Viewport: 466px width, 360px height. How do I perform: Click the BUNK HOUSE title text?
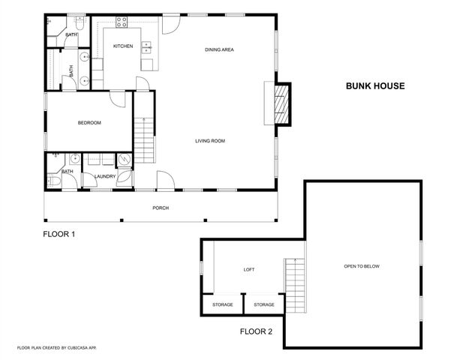[375, 86]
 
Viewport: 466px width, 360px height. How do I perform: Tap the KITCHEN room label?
[123, 46]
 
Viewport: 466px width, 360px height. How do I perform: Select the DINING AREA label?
[220, 50]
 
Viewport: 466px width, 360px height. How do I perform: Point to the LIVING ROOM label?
[210, 141]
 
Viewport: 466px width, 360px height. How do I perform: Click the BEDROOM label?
[89, 123]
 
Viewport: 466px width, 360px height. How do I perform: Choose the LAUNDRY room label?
[104, 176]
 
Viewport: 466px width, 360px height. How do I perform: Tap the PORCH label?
[160, 208]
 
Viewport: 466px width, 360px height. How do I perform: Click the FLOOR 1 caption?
[59, 234]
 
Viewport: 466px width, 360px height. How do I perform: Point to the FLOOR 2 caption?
[256, 331]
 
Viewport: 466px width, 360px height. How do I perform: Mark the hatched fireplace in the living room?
[281, 103]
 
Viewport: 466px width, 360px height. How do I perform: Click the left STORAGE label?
[222, 304]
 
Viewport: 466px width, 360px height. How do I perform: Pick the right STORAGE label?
[263, 304]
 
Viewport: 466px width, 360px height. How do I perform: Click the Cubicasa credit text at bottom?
[57, 348]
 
